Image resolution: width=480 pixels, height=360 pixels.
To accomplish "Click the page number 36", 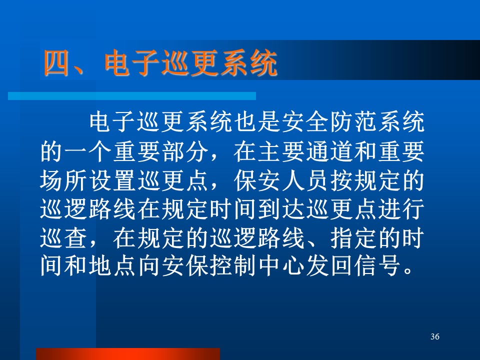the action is tap(434, 336).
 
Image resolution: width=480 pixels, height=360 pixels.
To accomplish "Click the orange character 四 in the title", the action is tap(56, 63).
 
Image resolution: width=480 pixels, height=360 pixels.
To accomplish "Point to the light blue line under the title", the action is tap(132, 96).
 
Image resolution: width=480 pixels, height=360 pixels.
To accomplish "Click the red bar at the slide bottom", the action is tap(128, 354).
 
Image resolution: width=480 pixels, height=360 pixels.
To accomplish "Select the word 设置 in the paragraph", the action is tap(112, 180).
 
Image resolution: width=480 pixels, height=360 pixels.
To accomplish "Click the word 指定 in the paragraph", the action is tap(353, 238).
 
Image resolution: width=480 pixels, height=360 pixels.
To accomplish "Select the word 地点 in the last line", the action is tap(112, 266).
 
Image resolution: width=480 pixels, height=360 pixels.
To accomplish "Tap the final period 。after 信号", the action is tap(408, 271).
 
